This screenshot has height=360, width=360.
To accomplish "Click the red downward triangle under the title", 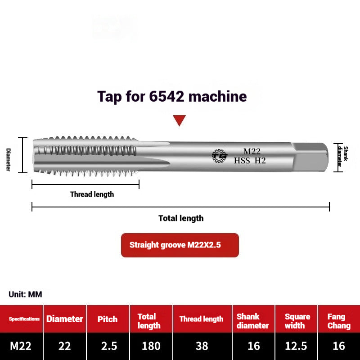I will (x=180, y=120).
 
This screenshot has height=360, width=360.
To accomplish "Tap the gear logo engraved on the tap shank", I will (x=220, y=156).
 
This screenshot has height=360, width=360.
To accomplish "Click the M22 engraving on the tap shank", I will (x=252, y=152).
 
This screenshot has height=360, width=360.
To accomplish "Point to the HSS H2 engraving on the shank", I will (x=250, y=160).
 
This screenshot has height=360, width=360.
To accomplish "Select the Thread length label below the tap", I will (x=92, y=194).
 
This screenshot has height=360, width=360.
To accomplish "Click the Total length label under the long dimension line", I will (x=181, y=218).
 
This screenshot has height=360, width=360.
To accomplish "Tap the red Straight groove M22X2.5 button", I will (x=180, y=245).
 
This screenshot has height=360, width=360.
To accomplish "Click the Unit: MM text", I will (x=25, y=294).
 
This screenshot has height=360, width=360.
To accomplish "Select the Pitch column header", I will (x=108, y=319).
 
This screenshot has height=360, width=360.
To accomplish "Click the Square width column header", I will (x=297, y=321).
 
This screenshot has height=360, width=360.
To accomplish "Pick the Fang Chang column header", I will (x=339, y=321).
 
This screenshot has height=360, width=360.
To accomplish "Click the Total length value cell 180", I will (x=151, y=346).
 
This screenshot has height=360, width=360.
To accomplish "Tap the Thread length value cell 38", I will (x=202, y=346).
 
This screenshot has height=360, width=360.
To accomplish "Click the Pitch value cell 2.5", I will (x=108, y=346).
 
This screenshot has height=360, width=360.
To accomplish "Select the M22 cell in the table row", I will (x=21, y=346).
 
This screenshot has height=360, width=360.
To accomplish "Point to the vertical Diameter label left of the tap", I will (x=8, y=159).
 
